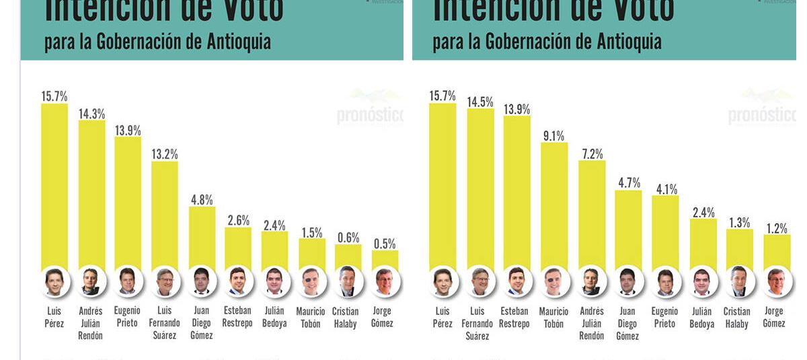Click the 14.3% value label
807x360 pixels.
[91, 114]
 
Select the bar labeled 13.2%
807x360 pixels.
[165, 215]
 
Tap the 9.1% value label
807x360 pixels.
[553, 136]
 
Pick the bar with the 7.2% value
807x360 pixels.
[592, 215]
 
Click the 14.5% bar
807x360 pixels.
[480, 188]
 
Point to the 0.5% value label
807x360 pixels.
[385, 244]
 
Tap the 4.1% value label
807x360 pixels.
[666, 189]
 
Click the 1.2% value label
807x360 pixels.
[777, 229]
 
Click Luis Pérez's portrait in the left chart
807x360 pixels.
[54, 282]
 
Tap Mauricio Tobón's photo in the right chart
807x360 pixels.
[553, 282]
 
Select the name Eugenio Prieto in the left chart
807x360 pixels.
[127, 317]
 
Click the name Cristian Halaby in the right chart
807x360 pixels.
[736, 318]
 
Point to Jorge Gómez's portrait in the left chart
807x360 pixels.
[384, 282]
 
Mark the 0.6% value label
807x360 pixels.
[348, 238]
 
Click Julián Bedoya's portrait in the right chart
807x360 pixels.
[701, 282]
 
